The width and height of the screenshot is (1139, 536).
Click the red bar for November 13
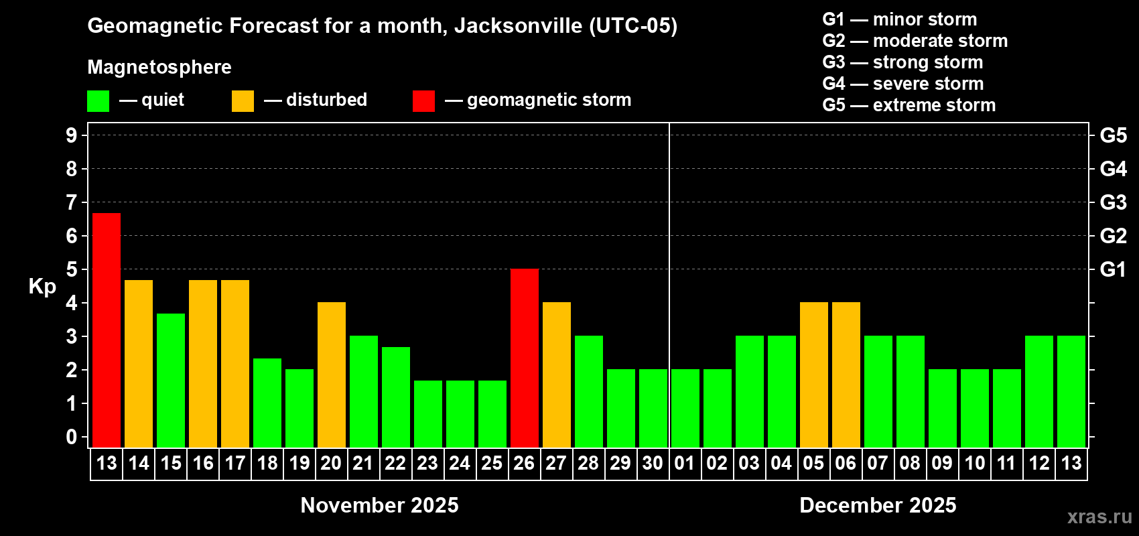point(107,330)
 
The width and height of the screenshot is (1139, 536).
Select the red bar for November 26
point(525,358)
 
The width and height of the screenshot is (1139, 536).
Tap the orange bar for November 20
point(332,375)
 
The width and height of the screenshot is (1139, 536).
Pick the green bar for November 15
point(171,381)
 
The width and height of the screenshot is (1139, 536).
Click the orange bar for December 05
point(814,375)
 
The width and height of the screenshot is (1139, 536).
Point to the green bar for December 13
point(1071,391)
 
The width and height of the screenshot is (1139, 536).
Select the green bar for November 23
point(428,414)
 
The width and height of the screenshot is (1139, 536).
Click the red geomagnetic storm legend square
point(423,101)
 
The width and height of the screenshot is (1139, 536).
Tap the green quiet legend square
point(98,101)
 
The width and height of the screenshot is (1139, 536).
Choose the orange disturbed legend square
point(243,101)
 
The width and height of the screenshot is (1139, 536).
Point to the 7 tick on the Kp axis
point(72,202)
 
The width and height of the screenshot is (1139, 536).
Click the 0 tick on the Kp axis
point(72,438)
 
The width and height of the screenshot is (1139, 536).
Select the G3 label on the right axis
point(1113,202)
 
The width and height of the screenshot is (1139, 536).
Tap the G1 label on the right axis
point(1113,269)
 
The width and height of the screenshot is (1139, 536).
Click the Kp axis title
point(42,287)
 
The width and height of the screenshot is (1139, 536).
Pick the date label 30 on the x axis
point(653,463)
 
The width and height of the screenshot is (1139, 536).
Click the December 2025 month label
point(878,505)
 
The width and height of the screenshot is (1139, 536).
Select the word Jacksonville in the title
point(518,26)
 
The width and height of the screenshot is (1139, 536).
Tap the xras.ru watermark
point(1099,516)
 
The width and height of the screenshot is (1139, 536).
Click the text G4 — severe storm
point(902,84)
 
